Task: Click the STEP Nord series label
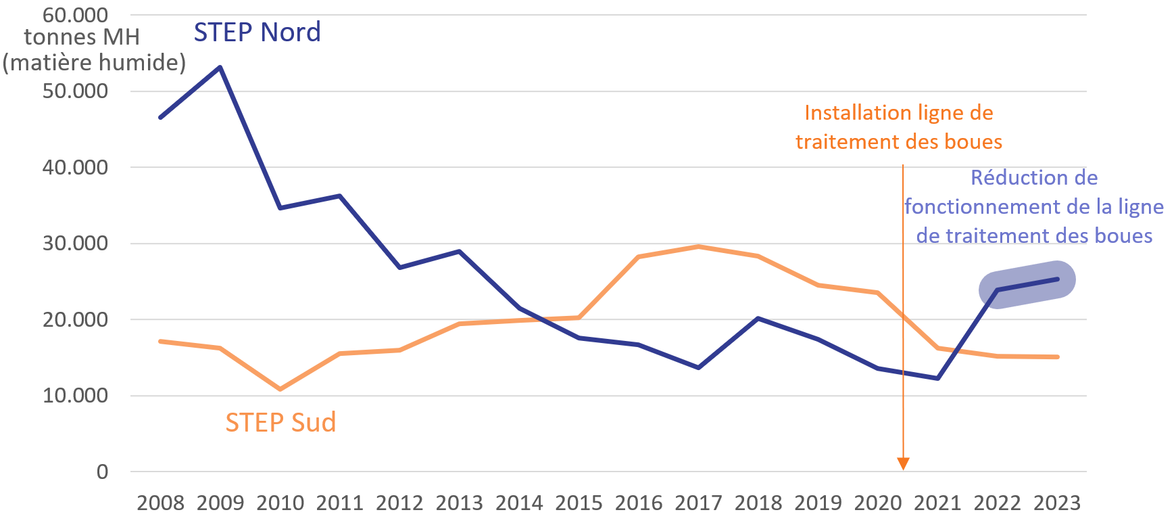point(257,32)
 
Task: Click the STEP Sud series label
point(280,423)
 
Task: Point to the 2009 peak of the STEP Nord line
point(220,67)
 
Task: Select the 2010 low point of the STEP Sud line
point(280,389)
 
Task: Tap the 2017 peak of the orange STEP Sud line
point(698,246)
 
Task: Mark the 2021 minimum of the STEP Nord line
point(937,378)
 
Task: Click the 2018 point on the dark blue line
point(758,318)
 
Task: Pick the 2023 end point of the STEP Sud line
point(1057,357)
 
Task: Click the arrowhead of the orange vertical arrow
point(903,463)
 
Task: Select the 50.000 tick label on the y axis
point(75,91)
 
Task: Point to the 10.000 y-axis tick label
point(75,396)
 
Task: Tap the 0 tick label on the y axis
point(102,472)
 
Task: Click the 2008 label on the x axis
point(160,503)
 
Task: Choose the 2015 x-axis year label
point(579,503)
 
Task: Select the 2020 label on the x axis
point(878,503)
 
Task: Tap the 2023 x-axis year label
point(1057,503)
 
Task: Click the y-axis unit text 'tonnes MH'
point(82,37)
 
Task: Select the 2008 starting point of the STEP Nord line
point(160,118)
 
